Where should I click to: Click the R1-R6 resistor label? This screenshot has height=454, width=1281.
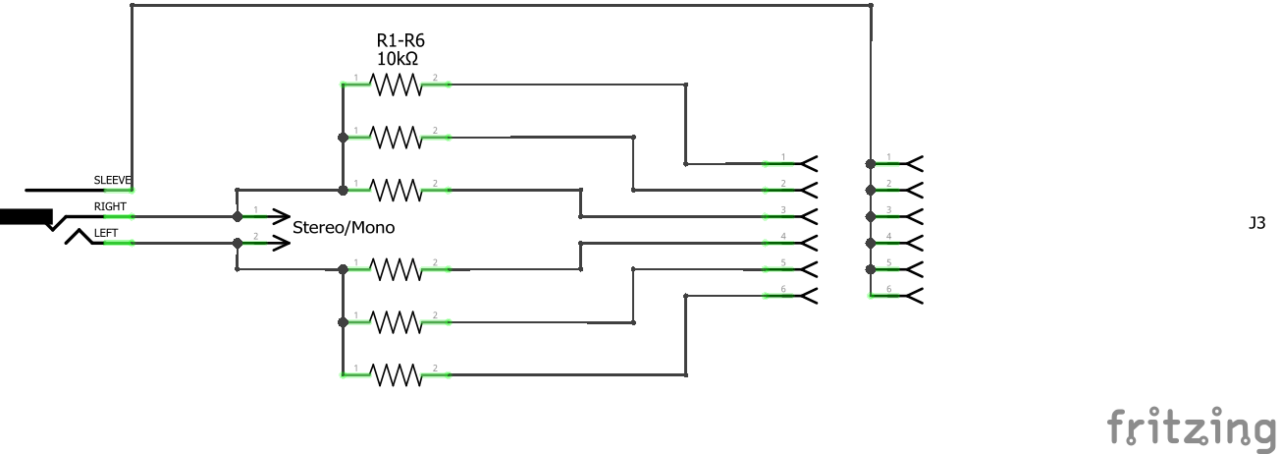coord(400,40)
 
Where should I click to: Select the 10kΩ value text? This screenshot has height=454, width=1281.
coord(398,59)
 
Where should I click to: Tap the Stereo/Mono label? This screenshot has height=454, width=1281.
coord(344,227)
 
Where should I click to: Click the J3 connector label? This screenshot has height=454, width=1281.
coord(1256,224)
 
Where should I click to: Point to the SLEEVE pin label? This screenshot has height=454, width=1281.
coord(113,181)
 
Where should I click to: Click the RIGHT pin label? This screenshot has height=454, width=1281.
coord(110,207)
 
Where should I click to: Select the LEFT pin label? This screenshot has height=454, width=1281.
coord(106,233)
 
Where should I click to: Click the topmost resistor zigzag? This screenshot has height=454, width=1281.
coord(396,85)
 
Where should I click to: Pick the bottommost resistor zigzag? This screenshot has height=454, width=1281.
coord(396,374)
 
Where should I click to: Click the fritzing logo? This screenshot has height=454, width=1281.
coord(1192,427)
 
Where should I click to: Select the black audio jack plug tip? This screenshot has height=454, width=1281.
coord(26,216)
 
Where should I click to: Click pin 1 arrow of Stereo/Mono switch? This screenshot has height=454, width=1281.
coord(278,216)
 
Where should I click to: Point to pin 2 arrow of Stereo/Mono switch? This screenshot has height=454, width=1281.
coord(278,242)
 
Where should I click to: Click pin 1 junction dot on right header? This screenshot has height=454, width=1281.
coord(871,163)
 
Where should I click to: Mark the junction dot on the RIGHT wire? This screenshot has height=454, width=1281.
coord(237,216)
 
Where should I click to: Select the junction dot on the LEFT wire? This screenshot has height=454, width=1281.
coord(237,242)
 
